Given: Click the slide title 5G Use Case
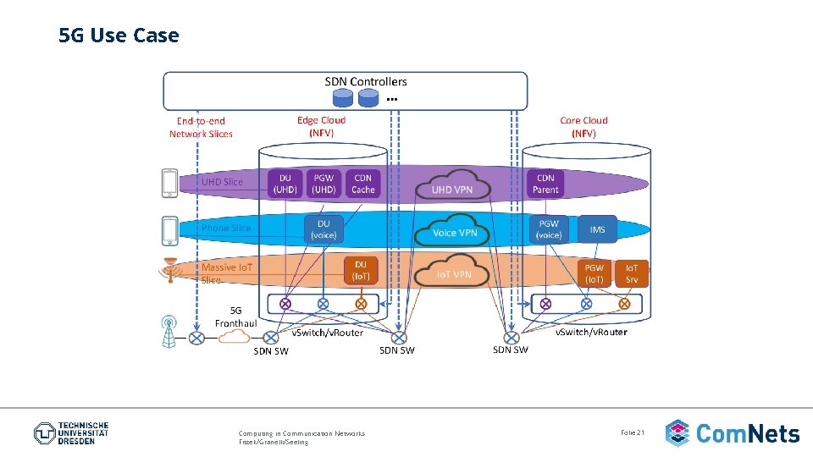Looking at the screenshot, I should click(119, 36).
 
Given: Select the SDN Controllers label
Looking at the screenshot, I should click(366, 81).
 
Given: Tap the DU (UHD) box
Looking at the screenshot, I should click(285, 184).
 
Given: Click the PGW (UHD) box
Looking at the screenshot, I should click(324, 184).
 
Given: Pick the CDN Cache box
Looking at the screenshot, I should click(362, 184).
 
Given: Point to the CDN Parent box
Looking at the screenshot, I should click(545, 184).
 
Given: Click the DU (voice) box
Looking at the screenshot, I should click(324, 228).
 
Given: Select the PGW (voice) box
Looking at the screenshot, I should click(549, 229).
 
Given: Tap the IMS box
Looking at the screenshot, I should click(598, 229).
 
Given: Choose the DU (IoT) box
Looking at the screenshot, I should click(360, 271).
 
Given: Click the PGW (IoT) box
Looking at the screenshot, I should click(595, 273).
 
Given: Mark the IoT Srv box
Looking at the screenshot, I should click(632, 273).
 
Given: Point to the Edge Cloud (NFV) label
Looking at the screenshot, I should click(321, 126).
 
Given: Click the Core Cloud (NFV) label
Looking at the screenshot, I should click(583, 126).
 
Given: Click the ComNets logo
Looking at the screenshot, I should click(733, 433).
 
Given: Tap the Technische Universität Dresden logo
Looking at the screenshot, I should click(71, 433).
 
